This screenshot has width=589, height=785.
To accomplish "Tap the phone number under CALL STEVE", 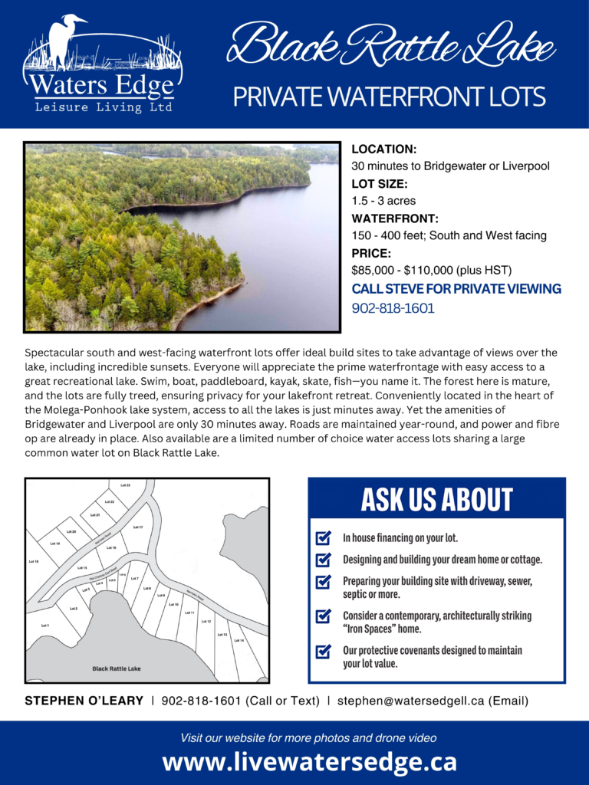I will (x=393, y=308).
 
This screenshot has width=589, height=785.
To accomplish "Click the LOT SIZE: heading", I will (x=380, y=184).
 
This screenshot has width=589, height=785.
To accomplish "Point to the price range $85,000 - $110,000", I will (x=431, y=270).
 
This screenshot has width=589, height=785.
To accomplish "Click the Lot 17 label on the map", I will (x=138, y=527).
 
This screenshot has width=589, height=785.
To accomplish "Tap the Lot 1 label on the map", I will (x=44, y=626).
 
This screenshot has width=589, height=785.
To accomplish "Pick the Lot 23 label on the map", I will (x=125, y=485).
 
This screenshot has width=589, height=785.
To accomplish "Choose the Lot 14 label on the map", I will (x=239, y=640).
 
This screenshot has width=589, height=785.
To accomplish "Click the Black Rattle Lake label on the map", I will (x=117, y=668).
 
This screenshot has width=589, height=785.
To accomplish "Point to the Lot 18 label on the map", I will (x=34, y=562).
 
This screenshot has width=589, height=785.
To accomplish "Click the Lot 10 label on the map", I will (x=173, y=604).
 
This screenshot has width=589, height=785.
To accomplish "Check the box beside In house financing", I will (x=324, y=538).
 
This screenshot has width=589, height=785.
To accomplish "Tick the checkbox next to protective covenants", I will (x=324, y=652).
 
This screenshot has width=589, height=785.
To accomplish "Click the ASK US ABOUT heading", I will (x=436, y=500).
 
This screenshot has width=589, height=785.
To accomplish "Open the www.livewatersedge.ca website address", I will (x=309, y=762).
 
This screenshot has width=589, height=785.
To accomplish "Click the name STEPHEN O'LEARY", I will (x=84, y=701).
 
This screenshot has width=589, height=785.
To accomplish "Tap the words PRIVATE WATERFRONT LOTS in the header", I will (x=389, y=97).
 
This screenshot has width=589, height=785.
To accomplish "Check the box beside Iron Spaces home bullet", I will (x=324, y=616).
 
